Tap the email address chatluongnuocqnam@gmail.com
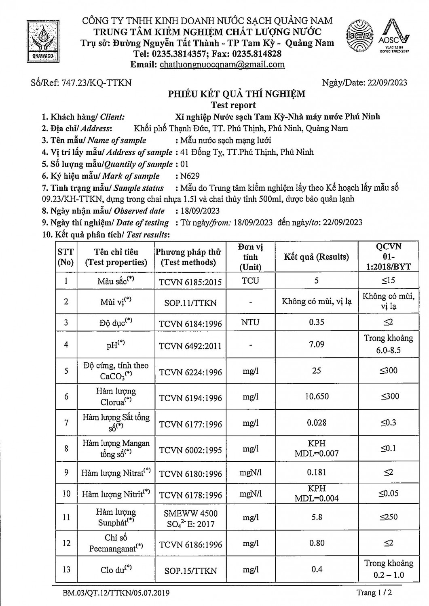[222, 65]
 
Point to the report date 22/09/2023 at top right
[387, 83]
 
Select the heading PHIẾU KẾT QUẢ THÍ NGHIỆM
[237, 94]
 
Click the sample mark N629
[190, 176]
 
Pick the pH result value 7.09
[317, 344]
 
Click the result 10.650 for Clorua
[317, 396]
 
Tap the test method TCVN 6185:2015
[190, 282]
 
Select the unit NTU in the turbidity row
[250, 322]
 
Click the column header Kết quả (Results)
[316, 257]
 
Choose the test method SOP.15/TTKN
[190, 571]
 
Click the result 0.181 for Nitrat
[317, 472]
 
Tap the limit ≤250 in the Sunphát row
[388, 517]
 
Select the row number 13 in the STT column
[66, 569]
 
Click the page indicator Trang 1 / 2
[374, 593]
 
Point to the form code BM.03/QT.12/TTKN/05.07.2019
[116, 593]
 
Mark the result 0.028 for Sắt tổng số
[317, 423]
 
